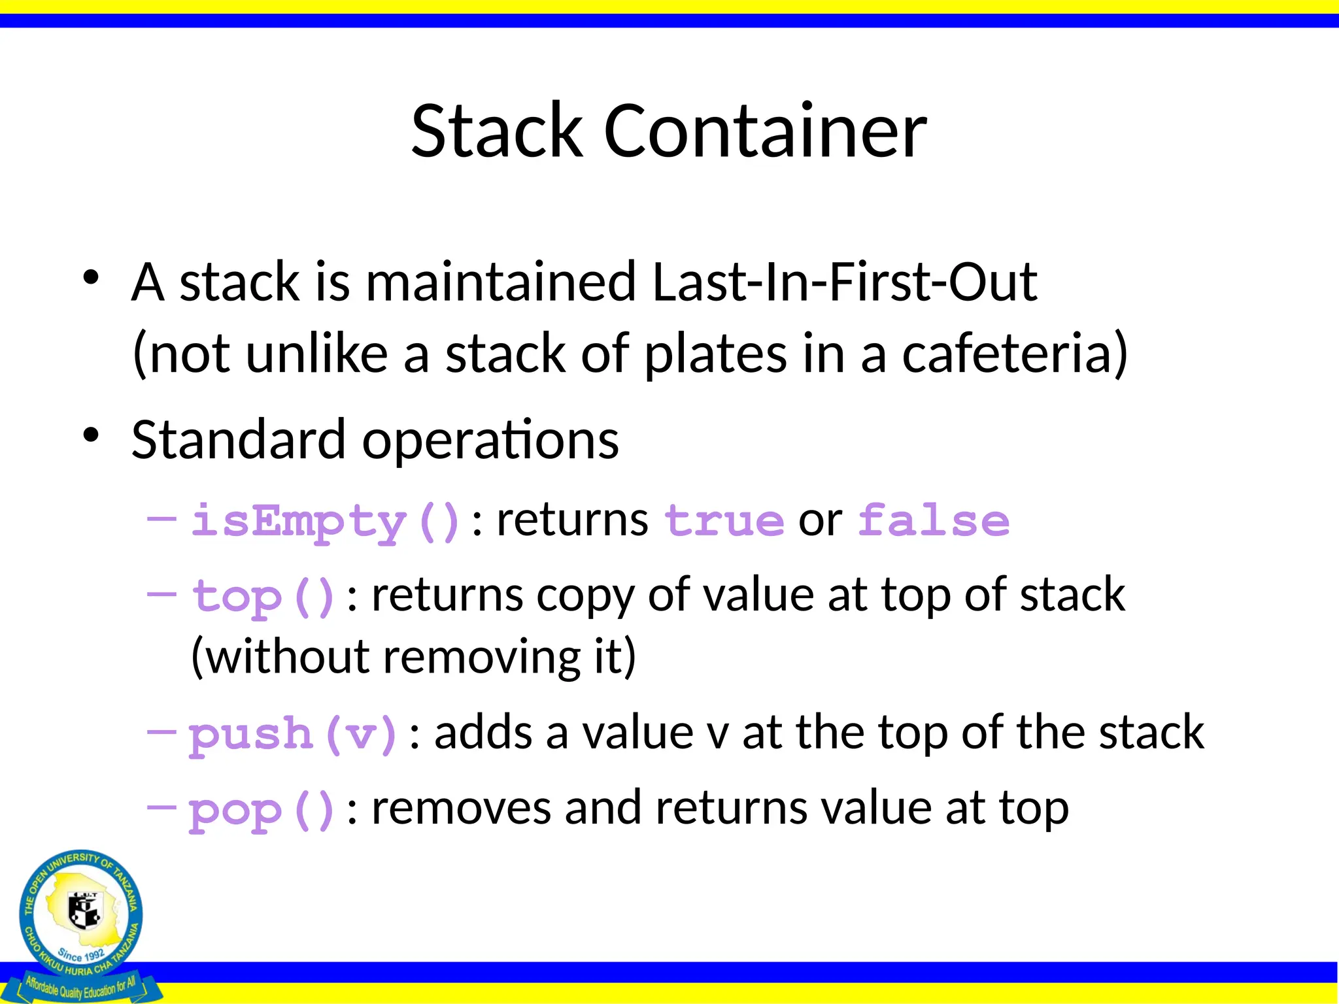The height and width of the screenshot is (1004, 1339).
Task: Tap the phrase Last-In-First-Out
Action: point(844,282)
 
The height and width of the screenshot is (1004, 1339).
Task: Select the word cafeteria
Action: point(1015,354)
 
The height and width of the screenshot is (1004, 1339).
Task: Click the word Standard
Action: point(238,440)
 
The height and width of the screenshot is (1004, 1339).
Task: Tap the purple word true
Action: point(724,522)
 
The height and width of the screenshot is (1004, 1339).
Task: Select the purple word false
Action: point(934,522)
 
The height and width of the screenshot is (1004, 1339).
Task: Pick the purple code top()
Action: point(263,597)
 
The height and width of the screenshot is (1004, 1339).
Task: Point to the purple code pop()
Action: point(262,811)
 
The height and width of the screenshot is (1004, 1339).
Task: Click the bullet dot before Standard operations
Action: point(91,434)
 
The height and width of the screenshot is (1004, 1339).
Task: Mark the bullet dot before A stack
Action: point(91,277)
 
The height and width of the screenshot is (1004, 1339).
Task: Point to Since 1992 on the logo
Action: point(80,955)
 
